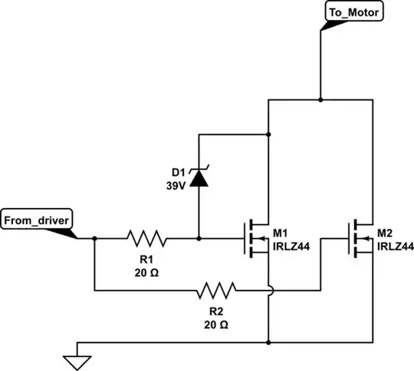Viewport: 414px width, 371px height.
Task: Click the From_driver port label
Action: [x=38, y=220]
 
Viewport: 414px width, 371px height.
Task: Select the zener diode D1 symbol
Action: [x=199, y=177]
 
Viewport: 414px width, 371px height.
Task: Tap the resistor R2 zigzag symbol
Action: [x=216, y=290]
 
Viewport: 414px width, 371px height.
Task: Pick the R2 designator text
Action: [x=216, y=312]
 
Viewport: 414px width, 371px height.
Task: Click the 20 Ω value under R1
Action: [x=146, y=272]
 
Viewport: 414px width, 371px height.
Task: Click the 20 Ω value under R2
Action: [x=216, y=324]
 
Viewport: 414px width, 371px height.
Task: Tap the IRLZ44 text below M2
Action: [x=396, y=246]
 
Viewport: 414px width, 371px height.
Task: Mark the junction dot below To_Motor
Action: [x=320, y=99]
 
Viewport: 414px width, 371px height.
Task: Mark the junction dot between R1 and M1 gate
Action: [x=199, y=238]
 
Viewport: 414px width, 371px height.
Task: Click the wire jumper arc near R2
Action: [x=269, y=290]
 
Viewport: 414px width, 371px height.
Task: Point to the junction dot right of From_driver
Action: [x=94, y=238]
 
